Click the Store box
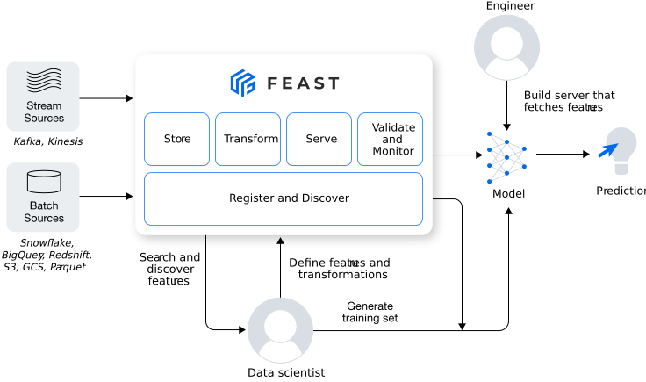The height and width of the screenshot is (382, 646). [x=176, y=139]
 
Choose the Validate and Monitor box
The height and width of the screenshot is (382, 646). [x=390, y=139]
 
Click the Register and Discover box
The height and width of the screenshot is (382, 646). [x=283, y=198]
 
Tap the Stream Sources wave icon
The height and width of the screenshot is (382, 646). [x=44, y=83]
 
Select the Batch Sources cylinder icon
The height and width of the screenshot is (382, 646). [x=44, y=182]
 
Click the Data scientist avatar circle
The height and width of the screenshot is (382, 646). [x=280, y=330]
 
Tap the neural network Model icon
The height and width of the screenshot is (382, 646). [x=507, y=156]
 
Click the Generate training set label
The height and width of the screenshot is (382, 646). [x=370, y=312]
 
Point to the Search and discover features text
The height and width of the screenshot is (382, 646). [x=169, y=269]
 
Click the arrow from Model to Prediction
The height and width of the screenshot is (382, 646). [x=562, y=155]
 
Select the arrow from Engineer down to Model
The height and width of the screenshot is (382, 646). [x=506, y=104]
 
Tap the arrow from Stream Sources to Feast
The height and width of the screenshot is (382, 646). [x=105, y=98]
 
